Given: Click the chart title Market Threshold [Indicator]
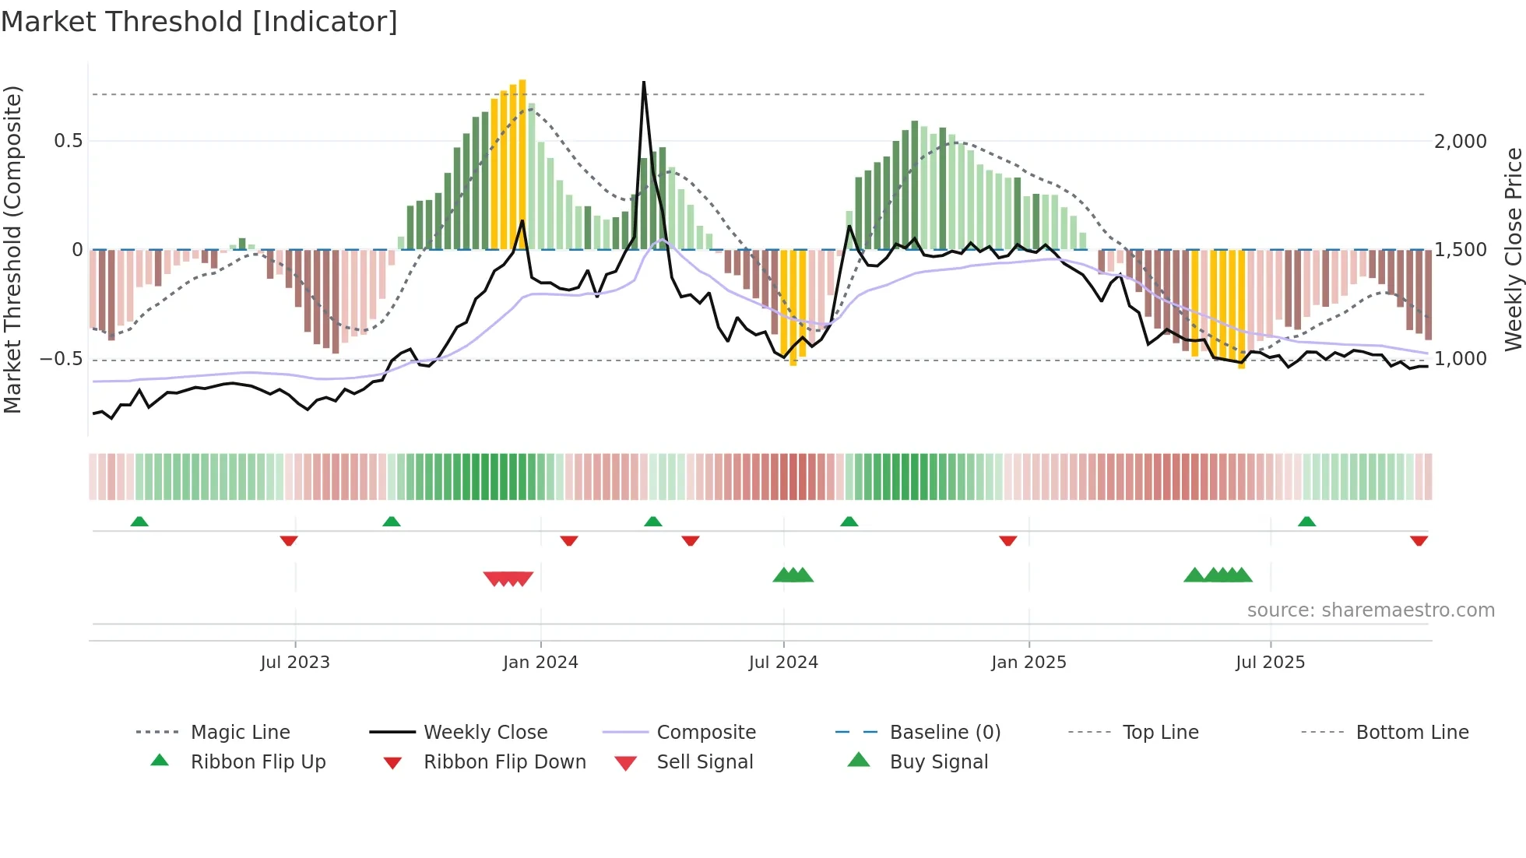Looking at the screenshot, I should coord(199,22).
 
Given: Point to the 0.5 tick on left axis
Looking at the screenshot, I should coord(68,141).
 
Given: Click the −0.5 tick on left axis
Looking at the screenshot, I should coord(62,359).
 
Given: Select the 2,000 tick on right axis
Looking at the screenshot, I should coord(1460,142).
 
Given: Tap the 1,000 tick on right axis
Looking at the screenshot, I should coord(1460,359).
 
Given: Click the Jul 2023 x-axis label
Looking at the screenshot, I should coord(295,663).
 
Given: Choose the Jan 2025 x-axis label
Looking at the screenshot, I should coord(1028,663).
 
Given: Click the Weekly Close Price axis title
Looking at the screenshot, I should coord(1513,249).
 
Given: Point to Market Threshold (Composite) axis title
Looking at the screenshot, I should coord(12,249).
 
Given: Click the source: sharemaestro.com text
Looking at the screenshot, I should coord(1370,610).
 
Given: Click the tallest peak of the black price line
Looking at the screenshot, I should coord(644,83).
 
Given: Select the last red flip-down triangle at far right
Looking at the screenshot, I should coord(1419,540).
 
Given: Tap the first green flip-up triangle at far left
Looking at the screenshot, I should coord(139,522).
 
